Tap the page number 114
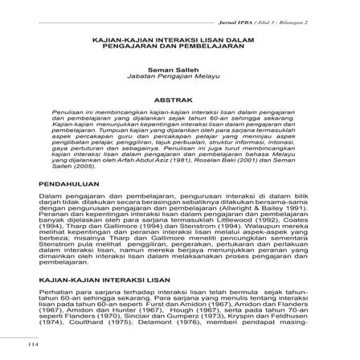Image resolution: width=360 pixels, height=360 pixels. (x=34, y=345)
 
